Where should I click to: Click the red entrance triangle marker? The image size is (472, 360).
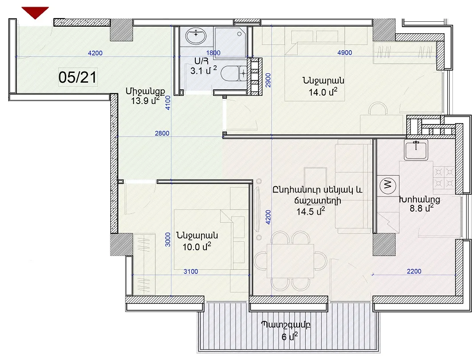(35, 12)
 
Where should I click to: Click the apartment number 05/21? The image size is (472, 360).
(78, 77)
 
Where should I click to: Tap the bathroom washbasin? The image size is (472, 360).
(196, 36)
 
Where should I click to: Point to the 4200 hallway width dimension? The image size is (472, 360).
(95, 53)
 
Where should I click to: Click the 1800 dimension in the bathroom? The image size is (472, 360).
(213, 52)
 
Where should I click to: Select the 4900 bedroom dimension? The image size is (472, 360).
(345, 52)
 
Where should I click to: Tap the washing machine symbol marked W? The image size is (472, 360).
(388, 184)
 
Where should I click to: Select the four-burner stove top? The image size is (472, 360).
(444, 177)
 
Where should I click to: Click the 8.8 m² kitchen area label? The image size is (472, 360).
(421, 208)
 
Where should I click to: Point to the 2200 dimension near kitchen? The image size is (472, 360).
(414, 271)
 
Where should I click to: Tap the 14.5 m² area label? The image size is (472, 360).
(311, 211)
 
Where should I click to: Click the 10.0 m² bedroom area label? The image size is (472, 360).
(197, 247)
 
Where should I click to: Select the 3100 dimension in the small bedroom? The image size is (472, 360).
(191, 272)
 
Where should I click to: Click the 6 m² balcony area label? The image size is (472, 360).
(290, 336)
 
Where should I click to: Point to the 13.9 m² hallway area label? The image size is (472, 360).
(145, 100)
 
